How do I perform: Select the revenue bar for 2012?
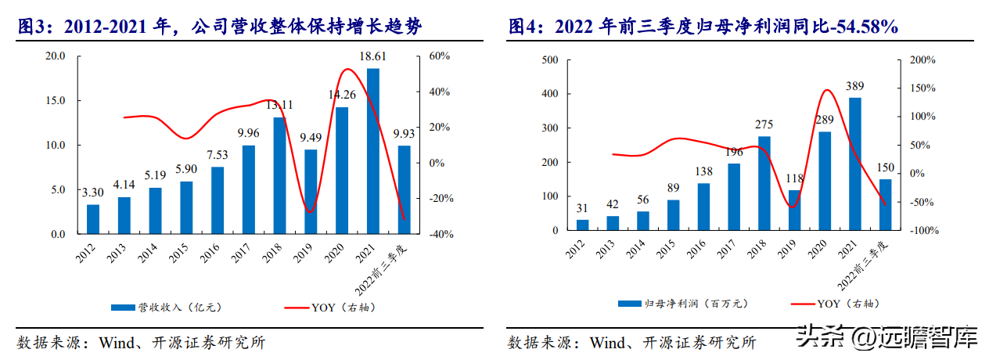pyautogui.click(x=93, y=219)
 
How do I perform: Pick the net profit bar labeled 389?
pyautogui.click(x=855, y=164)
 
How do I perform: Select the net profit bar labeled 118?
pyautogui.click(x=794, y=211)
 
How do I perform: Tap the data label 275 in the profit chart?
pyautogui.click(x=764, y=125)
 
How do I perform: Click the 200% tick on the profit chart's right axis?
pyautogui.click(x=923, y=60)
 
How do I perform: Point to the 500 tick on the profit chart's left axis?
pyautogui.click(x=549, y=60)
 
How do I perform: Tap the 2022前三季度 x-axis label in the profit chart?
pyautogui.click(x=876, y=265)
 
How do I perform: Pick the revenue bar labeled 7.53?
pyautogui.click(x=218, y=200)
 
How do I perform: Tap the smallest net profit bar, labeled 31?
pyautogui.click(x=582, y=225)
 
